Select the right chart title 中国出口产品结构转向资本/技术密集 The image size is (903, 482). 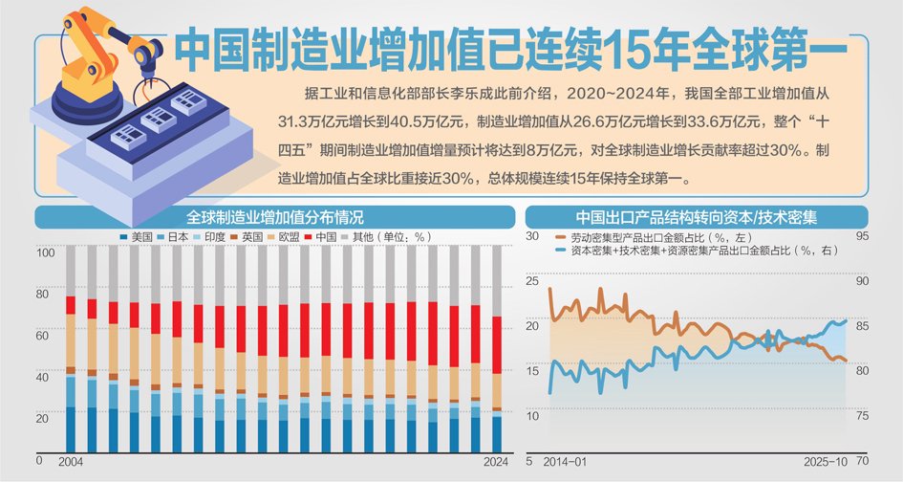click(696, 216)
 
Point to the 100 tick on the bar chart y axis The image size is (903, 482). click(45, 253)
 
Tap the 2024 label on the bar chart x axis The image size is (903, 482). click(495, 461)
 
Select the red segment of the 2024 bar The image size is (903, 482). click(495, 345)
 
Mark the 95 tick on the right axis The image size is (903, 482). click(862, 236)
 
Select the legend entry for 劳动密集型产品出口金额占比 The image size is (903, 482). click(650, 235)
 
